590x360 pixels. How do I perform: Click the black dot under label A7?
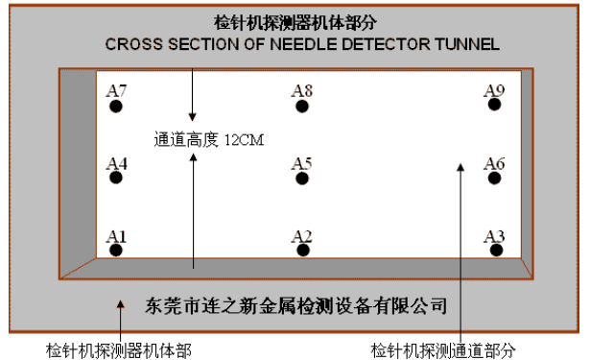[116, 107]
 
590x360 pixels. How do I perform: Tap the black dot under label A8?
[302, 107]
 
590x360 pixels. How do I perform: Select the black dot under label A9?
[495, 107]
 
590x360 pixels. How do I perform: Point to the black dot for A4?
[116, 179]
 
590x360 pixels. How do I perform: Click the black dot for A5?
[302, 179]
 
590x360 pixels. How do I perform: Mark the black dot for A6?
[495, 179]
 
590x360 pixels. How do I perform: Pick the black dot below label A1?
[116, 251]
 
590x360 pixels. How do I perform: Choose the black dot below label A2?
[302, 251]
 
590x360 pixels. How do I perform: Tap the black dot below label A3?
[495, 251]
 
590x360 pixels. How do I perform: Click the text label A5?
[302, 163]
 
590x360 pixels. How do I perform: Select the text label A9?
[495, 91]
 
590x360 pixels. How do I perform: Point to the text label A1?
[116, 235]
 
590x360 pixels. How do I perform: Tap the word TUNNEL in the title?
[472, 44]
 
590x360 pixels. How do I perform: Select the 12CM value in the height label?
[244, 139]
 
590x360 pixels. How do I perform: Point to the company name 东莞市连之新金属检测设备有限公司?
[296, 306]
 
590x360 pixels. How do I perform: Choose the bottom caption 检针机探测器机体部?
[119, 348]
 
